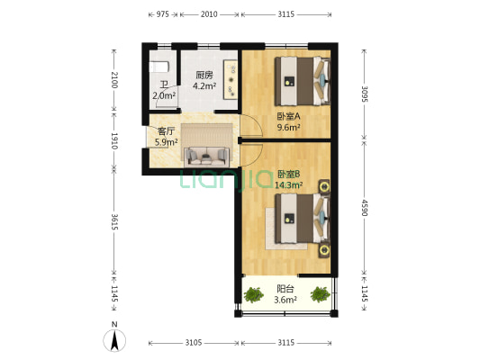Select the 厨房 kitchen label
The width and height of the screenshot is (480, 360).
pos(204,76)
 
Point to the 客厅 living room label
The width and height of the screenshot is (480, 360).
pos(165,130)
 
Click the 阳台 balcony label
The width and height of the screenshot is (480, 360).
pos(285,289)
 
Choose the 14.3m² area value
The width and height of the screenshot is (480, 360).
pos(289,185)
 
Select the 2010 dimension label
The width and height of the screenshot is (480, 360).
pos(208,15)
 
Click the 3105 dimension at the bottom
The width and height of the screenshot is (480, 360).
pos(193,343)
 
